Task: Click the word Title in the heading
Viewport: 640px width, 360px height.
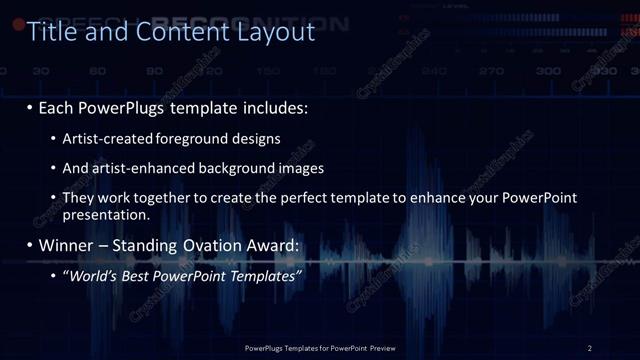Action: [51, 32]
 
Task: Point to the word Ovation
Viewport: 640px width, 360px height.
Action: [210, 245]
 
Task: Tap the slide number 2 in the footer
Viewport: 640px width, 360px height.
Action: [590, 348]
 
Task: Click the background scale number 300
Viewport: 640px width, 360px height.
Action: [548, 72]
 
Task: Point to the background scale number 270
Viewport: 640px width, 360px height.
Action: [491, 72]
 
